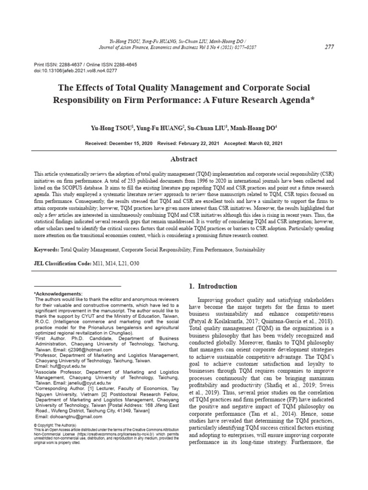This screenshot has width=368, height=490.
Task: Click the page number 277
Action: click(x=329, y=46)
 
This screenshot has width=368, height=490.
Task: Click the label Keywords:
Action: click(x=46, y=250)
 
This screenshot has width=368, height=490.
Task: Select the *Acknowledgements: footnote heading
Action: click(x=58, y=293)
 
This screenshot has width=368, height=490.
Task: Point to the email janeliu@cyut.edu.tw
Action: click(x=87, y=396)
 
